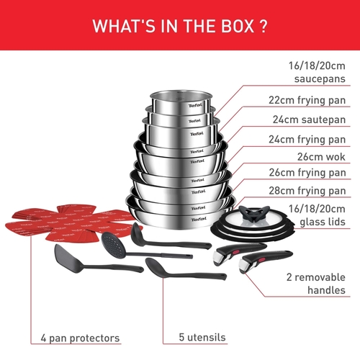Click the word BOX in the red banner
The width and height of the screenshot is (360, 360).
[x=238, y=26]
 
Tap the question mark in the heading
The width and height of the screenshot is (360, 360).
[x=264, y=26]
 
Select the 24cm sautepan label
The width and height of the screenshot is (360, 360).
[x=309, y=120]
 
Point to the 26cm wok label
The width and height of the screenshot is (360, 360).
[x=321, y=157]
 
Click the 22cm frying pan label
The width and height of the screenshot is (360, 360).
[x=307, y=100]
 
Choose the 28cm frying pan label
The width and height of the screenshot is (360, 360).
[x=307, y=191]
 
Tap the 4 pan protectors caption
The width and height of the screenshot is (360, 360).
[x=80, y=338]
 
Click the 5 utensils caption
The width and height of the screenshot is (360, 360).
[x=202, y=337]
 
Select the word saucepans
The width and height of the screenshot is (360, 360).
[x=320, y=79]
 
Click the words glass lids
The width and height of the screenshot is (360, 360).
[x=323, y=222]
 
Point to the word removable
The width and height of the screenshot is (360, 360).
[x=320, y=277]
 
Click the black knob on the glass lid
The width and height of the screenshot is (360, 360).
[x=254, y=212]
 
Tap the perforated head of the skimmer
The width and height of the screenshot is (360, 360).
[x=114, y=244]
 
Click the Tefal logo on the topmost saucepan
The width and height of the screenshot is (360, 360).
[x=195, y=105]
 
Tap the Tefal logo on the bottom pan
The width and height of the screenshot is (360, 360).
[x=199, y=219]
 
